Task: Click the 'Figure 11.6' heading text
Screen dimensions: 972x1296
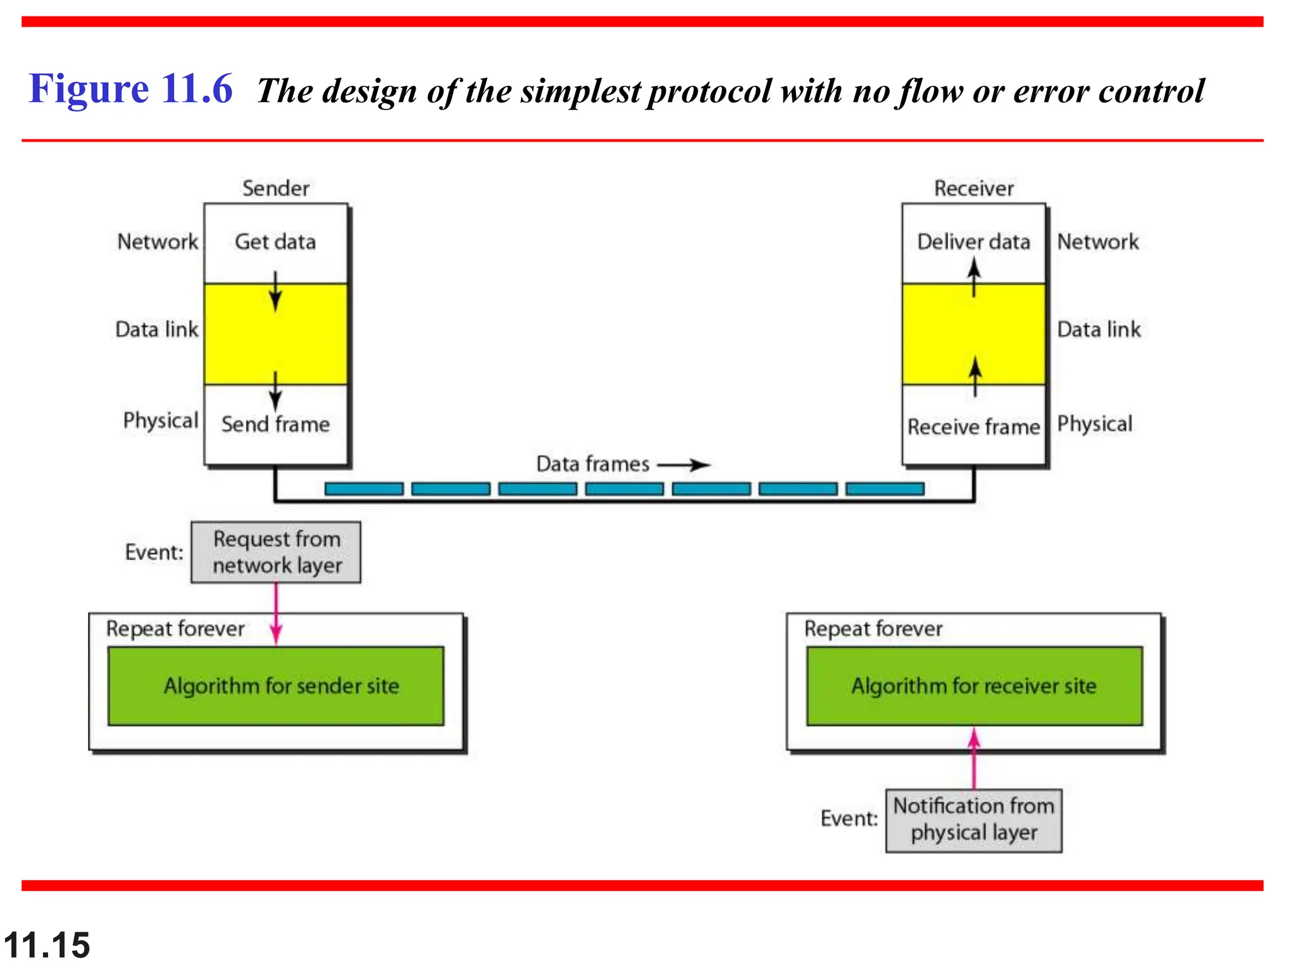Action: click(130, 89)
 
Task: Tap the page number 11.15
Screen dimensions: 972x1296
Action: click(47, 945)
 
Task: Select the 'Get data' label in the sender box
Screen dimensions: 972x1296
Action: click(275, 242)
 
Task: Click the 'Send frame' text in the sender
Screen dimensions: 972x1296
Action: click(275, 424)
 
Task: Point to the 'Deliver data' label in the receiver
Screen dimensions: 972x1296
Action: click(973, 242)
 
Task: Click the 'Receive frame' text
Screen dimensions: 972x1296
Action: click(973, 427)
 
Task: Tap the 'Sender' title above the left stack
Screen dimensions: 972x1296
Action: click(275, 189)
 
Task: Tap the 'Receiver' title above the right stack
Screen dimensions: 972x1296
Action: click(973, 189)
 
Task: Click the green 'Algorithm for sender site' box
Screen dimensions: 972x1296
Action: click(276, 686)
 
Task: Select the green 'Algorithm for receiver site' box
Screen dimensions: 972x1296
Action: click(974, 686)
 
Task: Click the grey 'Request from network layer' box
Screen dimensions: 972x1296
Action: click(276, 552)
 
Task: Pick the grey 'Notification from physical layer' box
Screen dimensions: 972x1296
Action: click(973, 820)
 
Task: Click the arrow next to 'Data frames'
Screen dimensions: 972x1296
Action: click(685, 465)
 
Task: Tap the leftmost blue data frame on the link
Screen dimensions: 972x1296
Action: click(364, 489)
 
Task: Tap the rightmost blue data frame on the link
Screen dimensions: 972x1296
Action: click(885, 489)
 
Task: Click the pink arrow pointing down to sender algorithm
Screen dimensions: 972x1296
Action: click(276, 614)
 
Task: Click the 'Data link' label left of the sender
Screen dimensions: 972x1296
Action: click(157, 330)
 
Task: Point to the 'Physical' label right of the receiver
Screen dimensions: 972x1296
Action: click(1095, 424)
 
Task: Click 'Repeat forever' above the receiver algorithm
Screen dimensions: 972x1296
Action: click(873, 629)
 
